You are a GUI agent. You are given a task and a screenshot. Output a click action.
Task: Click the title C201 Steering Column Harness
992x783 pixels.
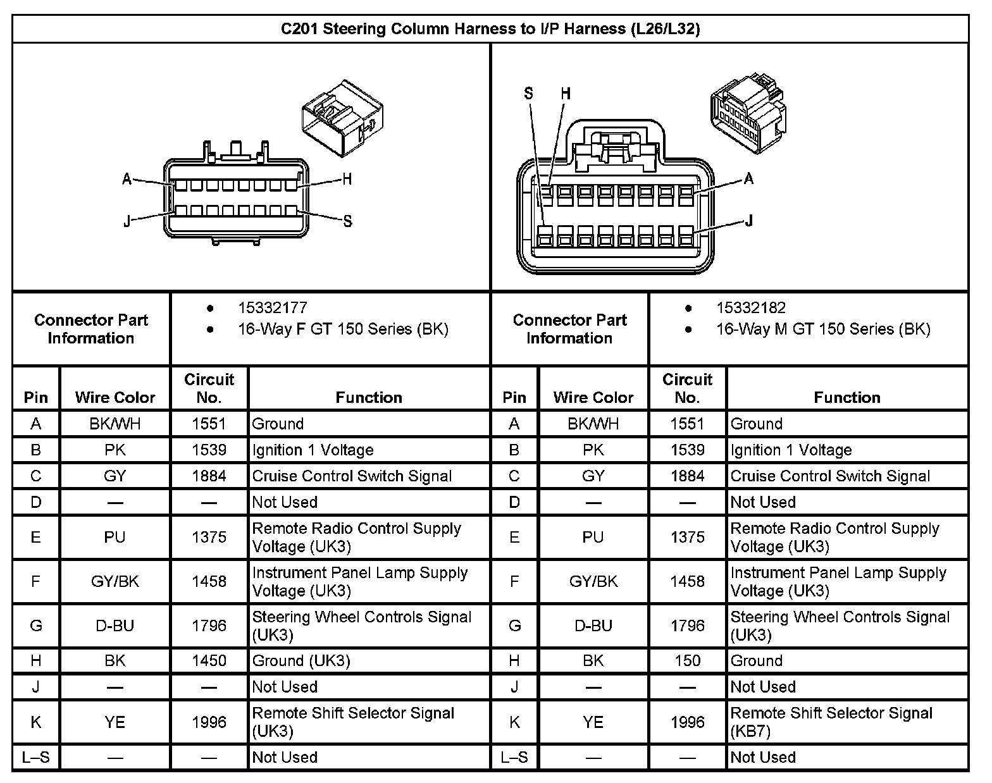(490, 29)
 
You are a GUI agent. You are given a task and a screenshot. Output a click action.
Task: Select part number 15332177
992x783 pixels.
(273, 308)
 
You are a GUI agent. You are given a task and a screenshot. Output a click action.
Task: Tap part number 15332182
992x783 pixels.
(751, 308)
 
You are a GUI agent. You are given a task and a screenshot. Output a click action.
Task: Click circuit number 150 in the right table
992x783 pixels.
(687, 661)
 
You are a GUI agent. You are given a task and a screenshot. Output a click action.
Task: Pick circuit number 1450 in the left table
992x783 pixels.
(209, 661)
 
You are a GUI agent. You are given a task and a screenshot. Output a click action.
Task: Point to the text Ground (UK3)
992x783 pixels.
(301, 661)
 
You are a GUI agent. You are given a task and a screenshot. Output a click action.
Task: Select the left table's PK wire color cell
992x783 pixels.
(115, 450)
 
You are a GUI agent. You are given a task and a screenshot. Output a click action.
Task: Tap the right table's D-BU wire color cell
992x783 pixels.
(593, 626)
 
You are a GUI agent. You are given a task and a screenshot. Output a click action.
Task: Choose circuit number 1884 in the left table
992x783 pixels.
(209, 476)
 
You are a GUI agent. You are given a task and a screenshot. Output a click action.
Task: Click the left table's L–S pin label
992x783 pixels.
(35, 757)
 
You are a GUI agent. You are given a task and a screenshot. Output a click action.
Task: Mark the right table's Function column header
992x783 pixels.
(847, 397)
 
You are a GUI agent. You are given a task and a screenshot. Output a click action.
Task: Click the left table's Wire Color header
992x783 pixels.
(115, 397)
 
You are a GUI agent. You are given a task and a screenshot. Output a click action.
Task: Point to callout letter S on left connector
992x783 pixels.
(347, 221)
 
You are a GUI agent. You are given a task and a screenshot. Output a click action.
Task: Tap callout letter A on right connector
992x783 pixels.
(749, 179)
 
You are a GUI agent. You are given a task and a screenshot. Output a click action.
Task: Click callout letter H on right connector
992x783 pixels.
(566, 94)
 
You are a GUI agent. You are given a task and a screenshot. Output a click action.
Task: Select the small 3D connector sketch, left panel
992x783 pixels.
(342, 118)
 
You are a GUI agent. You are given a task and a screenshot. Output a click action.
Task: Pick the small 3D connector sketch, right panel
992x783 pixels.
(748, 114)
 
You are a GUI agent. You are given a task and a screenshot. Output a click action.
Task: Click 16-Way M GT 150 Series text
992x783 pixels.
(823, 329)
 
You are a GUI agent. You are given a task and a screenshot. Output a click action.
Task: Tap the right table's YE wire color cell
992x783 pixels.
(593, 722)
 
